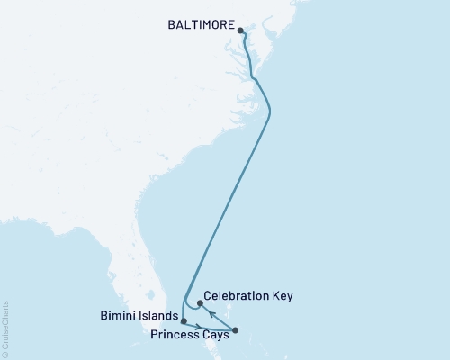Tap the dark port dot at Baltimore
(241, 31)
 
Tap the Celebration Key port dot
(200, 303)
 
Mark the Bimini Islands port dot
(183, 320)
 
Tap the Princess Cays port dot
(236, 330)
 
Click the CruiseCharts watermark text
(5, 329)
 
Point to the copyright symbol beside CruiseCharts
(5, 354)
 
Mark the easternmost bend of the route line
(271, 111)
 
